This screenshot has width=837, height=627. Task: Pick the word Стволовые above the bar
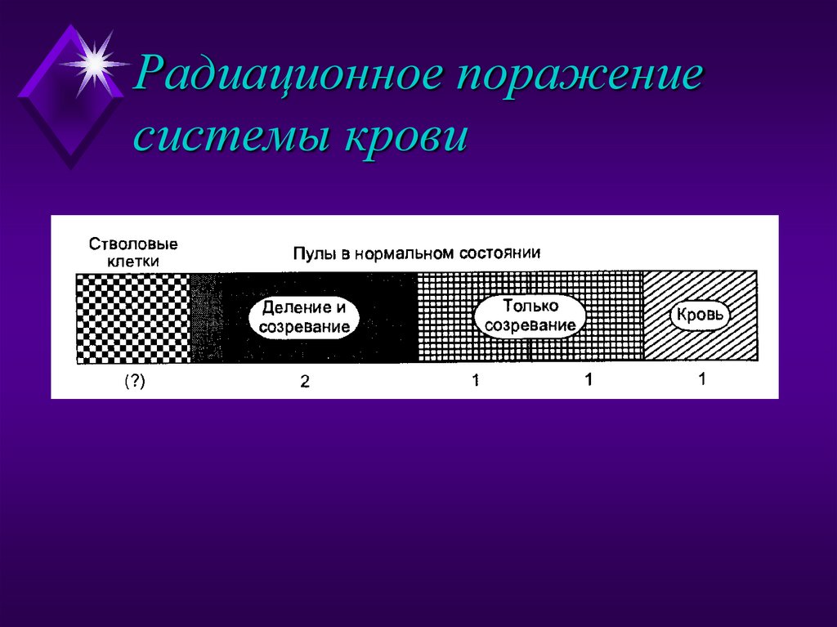[133, 244]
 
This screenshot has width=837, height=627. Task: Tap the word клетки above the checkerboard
[133, 262]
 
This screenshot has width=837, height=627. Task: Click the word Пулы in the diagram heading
[311, 253]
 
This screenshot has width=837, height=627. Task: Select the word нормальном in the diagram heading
[400, 253]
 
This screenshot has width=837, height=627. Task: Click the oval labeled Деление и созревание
[304, 317]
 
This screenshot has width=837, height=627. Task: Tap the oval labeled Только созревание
[530, 316]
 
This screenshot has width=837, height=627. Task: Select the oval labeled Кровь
[700, 315]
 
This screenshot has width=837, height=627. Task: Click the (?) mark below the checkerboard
[135, 380]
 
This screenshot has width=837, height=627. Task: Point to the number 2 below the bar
[304, 381]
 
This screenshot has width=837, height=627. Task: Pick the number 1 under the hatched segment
[701, 378]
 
